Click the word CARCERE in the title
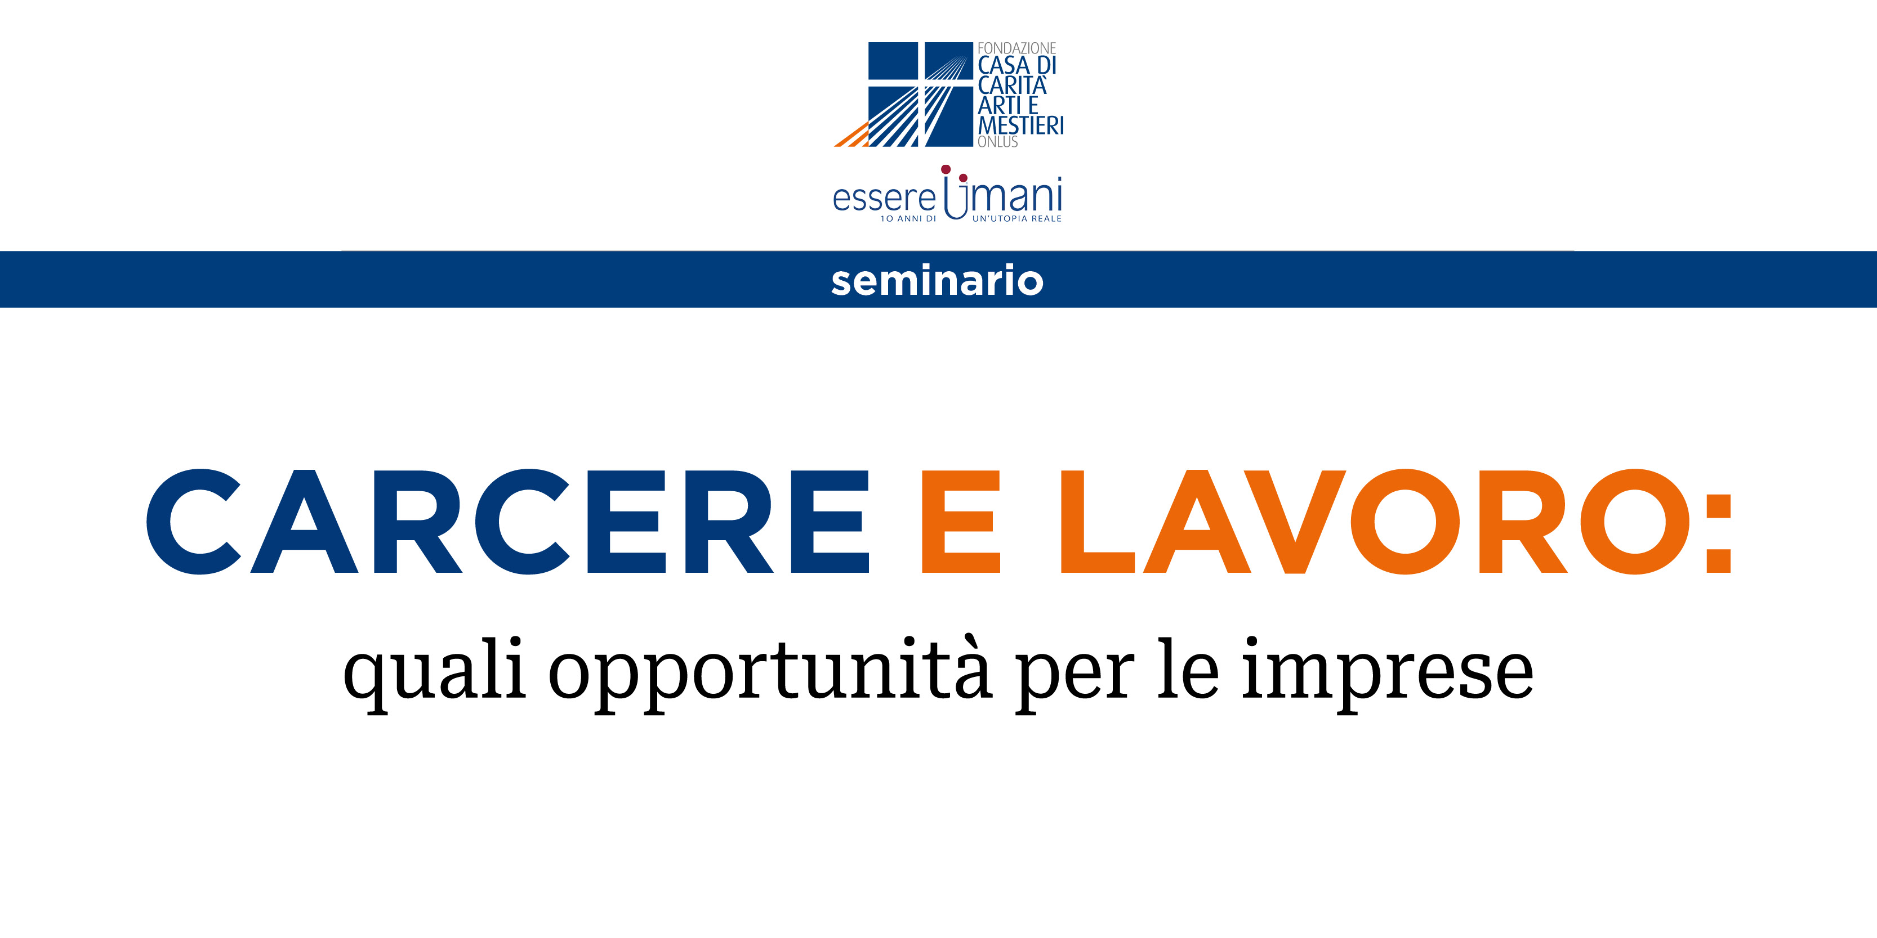[x=508, y=522]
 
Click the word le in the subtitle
[x=1188, y=668]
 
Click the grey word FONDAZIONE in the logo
[x=1016, y=48]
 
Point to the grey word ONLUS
[x=997, y=142]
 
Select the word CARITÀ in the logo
[x=1012, y=85]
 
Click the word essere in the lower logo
[x=884, y=198]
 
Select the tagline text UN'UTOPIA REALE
[x=1016, y=218]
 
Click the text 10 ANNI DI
[x=908, y=218]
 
